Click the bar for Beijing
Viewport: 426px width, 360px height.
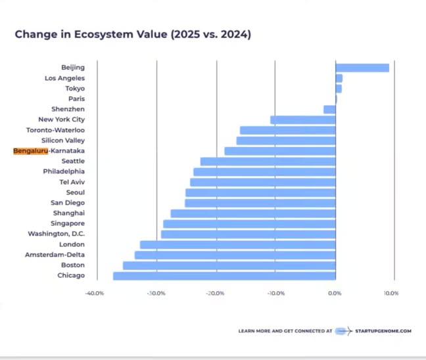[362, 68]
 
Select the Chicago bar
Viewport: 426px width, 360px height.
[224, 276]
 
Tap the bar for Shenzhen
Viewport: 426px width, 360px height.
[329, 109]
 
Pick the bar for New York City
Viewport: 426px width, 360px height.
[302, 120]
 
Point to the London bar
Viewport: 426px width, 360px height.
[237, 244]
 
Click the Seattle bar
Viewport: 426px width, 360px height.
[268, 161]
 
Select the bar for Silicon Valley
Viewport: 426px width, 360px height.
[286, 141]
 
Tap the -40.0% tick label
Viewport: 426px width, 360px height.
[95, 293]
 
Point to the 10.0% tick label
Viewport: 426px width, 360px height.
[391, 293]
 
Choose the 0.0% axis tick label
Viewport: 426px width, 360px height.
[335, 293]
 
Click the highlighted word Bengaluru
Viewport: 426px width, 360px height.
[30, 151]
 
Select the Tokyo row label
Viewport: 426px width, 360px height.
[74, 89]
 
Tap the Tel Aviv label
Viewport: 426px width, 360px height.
[72, 182]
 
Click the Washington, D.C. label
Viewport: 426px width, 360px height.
[56, 234]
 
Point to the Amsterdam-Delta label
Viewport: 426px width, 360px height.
[55, 255]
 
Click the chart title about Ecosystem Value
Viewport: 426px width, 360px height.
[132, 34]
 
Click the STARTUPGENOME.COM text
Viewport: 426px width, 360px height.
[383, 331]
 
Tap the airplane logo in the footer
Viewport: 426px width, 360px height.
[344, 331]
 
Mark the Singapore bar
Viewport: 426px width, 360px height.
[249, 224]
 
